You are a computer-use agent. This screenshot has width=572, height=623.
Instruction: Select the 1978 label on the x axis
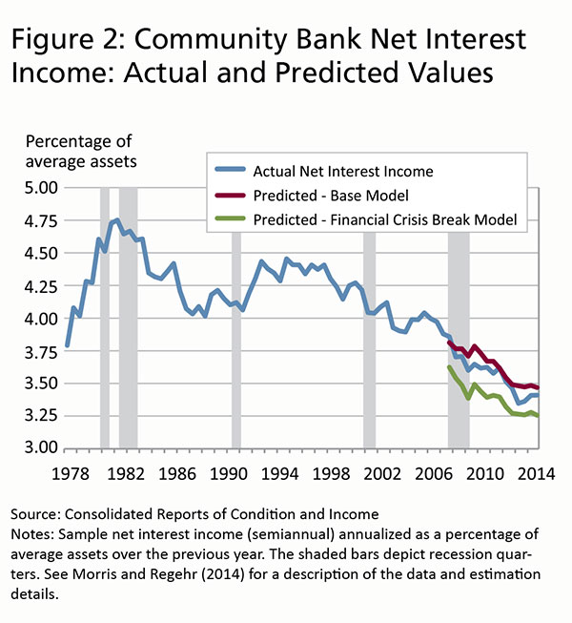(67, 471)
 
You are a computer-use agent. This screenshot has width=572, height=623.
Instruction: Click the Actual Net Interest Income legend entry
(343, 172)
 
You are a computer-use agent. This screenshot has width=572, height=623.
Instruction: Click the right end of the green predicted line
(537, 416)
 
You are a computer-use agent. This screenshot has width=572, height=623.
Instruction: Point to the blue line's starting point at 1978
(67, 344)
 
